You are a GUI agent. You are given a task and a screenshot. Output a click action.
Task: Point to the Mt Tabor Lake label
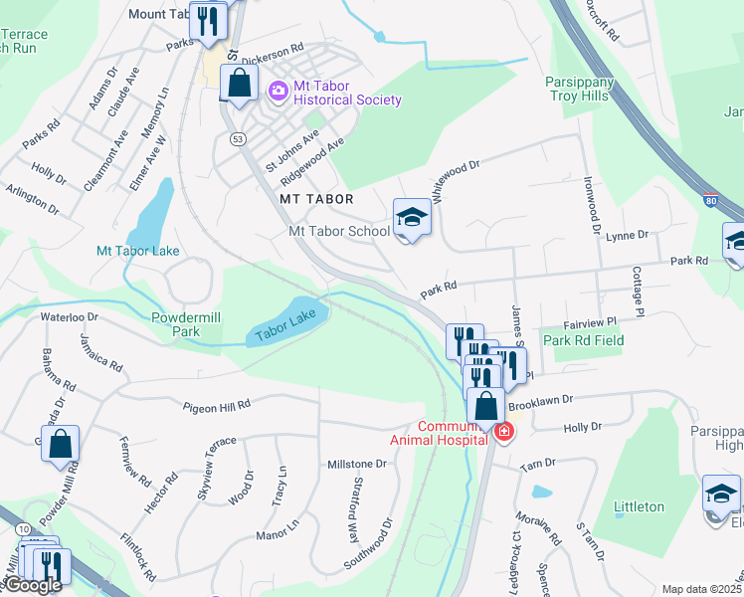pos(137,251)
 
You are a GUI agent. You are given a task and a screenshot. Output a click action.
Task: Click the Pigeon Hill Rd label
pos(216,406)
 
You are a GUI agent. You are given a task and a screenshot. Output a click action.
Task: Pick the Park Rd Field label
pos(584,340)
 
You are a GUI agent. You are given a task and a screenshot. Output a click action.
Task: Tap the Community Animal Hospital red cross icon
pos(504,432)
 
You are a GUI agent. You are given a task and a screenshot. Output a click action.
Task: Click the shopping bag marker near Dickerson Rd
pos(239,84)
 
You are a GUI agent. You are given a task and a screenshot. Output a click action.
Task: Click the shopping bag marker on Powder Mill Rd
pos(60,444)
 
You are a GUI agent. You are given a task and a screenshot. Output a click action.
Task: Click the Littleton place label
pos(639,506)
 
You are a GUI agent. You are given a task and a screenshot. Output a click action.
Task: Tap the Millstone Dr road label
pos(356,465)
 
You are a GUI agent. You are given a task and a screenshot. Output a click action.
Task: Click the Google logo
pos(32,585)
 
